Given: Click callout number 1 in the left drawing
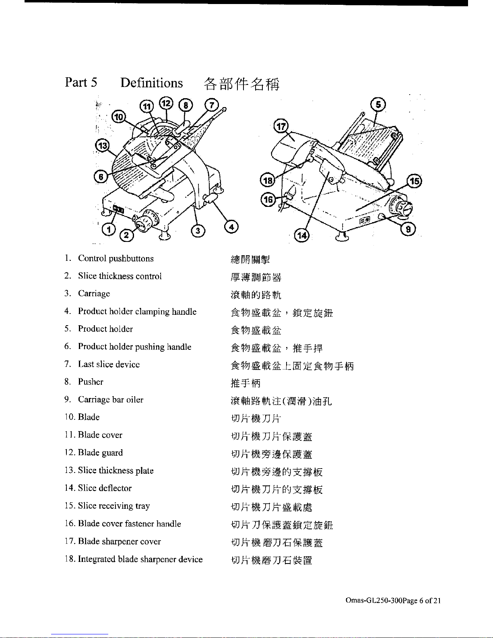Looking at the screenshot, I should pos(108,230).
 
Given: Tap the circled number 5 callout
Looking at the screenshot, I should pos(378,105).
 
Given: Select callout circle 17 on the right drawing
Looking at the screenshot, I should pos(281,126).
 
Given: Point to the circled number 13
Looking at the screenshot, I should pos(102,145).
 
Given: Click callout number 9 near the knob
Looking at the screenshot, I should pos(408,229).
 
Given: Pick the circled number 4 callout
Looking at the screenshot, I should pos(231,227).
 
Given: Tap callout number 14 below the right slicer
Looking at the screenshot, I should pos(301,235).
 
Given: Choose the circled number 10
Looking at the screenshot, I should pos(118,117).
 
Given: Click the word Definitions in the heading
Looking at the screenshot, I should pos(151,83).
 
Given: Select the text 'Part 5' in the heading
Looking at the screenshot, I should pos(81,83).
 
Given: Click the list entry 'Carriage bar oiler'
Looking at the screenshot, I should pos(111,400).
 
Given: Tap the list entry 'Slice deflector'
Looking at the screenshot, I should pos(105,488).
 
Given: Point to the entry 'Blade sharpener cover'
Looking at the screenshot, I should pos(119,541).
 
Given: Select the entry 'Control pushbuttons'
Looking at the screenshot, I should pos(116,258).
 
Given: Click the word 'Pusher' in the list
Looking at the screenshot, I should pos(91,382).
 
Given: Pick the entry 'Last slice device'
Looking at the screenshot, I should pos(109,364).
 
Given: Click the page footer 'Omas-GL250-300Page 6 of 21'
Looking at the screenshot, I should pos(393,601).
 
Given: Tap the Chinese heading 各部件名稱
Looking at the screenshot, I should pos(241,84).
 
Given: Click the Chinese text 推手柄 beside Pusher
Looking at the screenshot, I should pos(245,383).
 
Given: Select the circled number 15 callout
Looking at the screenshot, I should pos(415,181).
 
